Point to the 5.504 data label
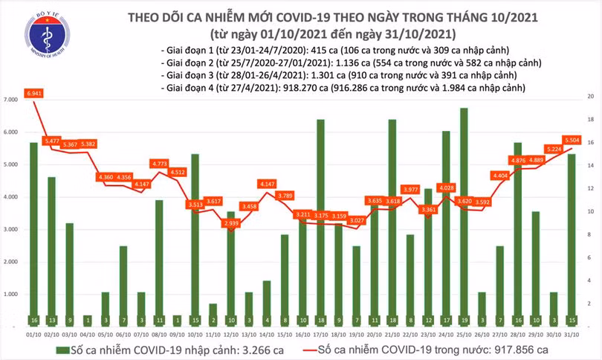[x=572, y=139]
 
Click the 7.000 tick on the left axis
[x=10, y=100]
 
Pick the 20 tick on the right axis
[x=590, y=97]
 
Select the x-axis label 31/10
[x=572, y=334]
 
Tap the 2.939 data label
[x=231, y=222]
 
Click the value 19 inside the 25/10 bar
[x=464, y=319]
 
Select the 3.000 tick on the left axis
[x=10, y=230]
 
